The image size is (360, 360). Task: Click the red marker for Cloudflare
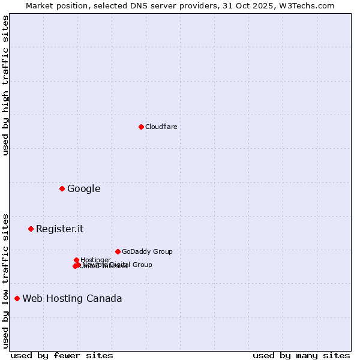click(141, 127)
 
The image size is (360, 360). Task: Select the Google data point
click(62, 188)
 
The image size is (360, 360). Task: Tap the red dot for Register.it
click(31, 229)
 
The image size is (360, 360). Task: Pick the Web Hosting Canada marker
click(17, 298)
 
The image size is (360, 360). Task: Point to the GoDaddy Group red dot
click(118, 251)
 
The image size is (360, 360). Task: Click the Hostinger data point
click(76, 260)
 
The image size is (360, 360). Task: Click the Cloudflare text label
click(161, 127)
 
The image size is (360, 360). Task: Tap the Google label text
click(83, 188)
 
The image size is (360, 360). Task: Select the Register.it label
click(59, 229)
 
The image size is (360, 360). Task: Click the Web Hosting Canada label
click(72, 298)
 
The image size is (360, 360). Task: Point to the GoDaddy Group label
click(146, 251)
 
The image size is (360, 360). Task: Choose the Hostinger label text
click(95, 259)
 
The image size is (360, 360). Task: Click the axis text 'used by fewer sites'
click(62, 355)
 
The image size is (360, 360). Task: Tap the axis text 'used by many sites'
click(301, 355)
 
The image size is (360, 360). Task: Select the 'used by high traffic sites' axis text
click(5, 85)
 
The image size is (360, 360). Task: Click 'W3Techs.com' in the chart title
click(309, 5)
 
